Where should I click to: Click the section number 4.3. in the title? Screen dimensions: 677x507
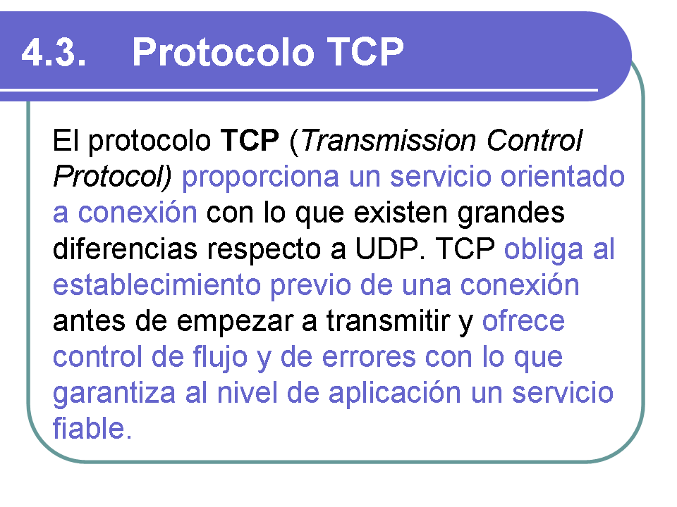[54, 52]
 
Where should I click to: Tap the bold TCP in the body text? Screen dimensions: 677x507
[250, 140]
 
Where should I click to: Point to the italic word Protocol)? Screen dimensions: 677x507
[112, 176]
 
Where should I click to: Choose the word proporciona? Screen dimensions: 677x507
[260, 177]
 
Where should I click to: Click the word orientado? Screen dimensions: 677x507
[563, 176]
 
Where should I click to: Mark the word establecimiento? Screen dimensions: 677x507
[157, 285]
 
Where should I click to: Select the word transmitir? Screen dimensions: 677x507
[388, 321]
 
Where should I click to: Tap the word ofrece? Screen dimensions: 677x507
[523, 321]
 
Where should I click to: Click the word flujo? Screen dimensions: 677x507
[220, 358]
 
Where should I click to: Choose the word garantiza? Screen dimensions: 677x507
[114, 394]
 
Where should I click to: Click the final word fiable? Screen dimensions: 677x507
[92, 429]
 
